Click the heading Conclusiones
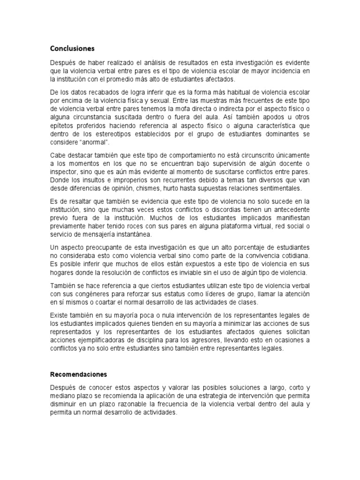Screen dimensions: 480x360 (x=73, y=48)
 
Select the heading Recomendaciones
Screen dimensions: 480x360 (x=79, y=375)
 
